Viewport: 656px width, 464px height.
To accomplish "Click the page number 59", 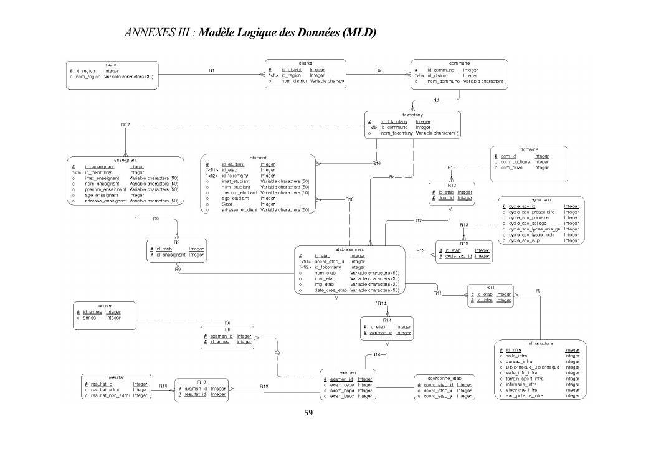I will click(x=308, y=412).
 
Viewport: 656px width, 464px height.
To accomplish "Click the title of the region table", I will click(x=112, y=64).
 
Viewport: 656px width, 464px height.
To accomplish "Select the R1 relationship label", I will click(x=212, y=70).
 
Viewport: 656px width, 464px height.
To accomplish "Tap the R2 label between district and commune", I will click(x=378, y=70).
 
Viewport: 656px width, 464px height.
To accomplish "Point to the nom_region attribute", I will click(x=90, y=77).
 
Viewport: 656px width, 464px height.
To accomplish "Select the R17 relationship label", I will click(x=125, y=125).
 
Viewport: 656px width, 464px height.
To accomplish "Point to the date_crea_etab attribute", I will click(x=330, y=291).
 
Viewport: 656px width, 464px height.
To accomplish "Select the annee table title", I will click(x=104, y=306).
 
